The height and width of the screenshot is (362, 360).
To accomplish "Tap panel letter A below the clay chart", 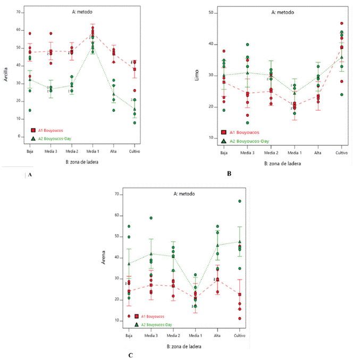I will pyautogui.click(x=30, y=174).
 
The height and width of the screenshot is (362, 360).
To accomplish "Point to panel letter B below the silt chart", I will pyautogui.click(x=229, y=172).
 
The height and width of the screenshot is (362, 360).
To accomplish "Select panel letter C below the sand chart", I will pyautogui.click(x=131, y=355).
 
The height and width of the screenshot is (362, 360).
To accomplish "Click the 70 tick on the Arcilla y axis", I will pyautogui.click(x=19, y=12).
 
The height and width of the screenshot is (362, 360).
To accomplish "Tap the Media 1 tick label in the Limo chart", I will pyautogui.click(x=294, y=153).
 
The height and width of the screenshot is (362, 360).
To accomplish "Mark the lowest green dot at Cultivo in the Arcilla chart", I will pyautogui.click(x=135, y=122).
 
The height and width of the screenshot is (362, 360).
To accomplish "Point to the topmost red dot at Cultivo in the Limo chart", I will pyautogui.click(x=341, y=23).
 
